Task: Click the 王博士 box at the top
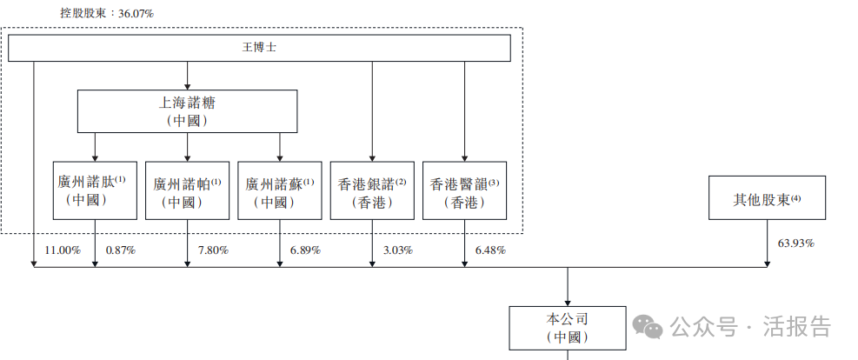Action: click(x=259, y=48)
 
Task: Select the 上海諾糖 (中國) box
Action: click(x=188, y=111)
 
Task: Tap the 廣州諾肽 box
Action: click(x=95, y=190)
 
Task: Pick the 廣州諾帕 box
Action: click(x=187, y=191)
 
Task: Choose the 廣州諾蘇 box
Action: click(x=279, y=191)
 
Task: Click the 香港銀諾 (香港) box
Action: click(x=372, y=191)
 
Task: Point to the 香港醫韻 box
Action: click(x=464, y=191)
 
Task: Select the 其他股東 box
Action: click(x=767, y=198)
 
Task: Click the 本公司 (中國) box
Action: click(x=568, y=327)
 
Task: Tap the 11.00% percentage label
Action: click(x=63, y=250)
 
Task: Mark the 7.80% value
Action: click(x=213, y=250)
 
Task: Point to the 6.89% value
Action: click(x=305, y=250)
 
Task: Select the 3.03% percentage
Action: click(x=398, y=250)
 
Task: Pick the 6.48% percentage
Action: click(x=490, y=250)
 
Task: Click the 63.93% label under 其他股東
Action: click(x=795, y=243)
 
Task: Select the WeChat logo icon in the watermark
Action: click(x=648, y=326)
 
